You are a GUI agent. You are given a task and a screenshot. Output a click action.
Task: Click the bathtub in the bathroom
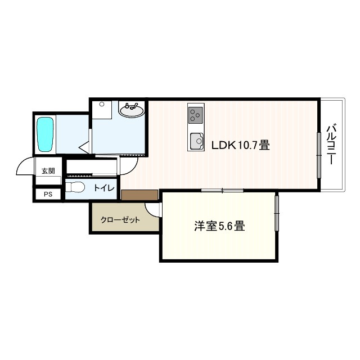[45, 134]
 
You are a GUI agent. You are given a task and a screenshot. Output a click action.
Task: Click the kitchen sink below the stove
[196, 140]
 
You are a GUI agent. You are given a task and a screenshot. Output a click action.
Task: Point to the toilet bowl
[75, 188]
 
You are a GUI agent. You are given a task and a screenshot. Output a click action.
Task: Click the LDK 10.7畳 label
[240, 145]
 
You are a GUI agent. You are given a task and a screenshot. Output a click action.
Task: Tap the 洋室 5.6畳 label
[219, 227]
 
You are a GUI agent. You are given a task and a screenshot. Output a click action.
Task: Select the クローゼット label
[120, 220]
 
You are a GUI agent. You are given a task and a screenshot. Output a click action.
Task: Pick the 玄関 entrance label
[48, 171]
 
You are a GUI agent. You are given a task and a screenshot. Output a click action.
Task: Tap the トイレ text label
[104, 188]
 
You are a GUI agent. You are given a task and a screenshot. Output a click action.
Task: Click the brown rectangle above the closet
[139, 195]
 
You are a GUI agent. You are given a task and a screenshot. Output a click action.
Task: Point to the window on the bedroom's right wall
[277, 213]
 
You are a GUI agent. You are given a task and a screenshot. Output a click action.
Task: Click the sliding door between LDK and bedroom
[222, 190]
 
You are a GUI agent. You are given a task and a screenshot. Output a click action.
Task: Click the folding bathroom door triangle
[85, 147]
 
